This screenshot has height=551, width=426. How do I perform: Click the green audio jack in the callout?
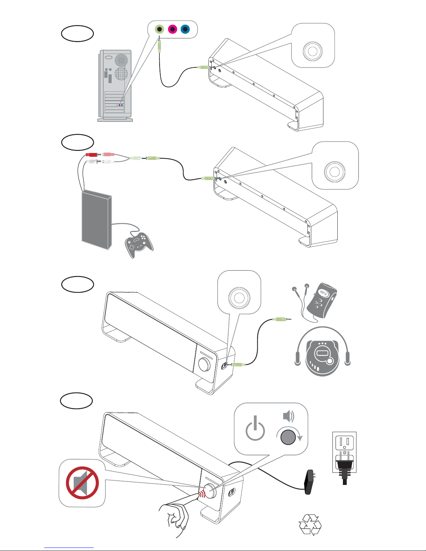(x=160, y=29)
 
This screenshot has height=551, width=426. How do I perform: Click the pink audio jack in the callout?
(x=172, y=29)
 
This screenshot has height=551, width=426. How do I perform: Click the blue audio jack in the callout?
(x=185, y=29)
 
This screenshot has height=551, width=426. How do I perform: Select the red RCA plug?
(x=91, y=154)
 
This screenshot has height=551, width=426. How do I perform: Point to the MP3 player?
(x=322, y=300)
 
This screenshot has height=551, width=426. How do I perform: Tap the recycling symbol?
(x=310, y=525)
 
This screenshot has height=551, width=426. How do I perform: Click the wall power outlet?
(x=344, y=452)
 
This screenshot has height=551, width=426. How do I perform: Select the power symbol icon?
(x=255, y=429)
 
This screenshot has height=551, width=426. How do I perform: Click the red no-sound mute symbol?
(x=82, y=483)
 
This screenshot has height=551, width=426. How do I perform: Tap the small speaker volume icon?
(x=289, y=416)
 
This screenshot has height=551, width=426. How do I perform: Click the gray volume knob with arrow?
(x=288, y=437)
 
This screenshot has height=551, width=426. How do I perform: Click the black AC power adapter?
(x=310, y=482)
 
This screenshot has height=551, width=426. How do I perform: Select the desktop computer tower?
(x=115, y=86)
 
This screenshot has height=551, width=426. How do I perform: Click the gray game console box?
(x=97, y=220)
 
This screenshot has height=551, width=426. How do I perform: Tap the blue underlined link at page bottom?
(x=69, y=548)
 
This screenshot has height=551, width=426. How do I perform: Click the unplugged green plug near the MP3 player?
(x=282, y=319)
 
